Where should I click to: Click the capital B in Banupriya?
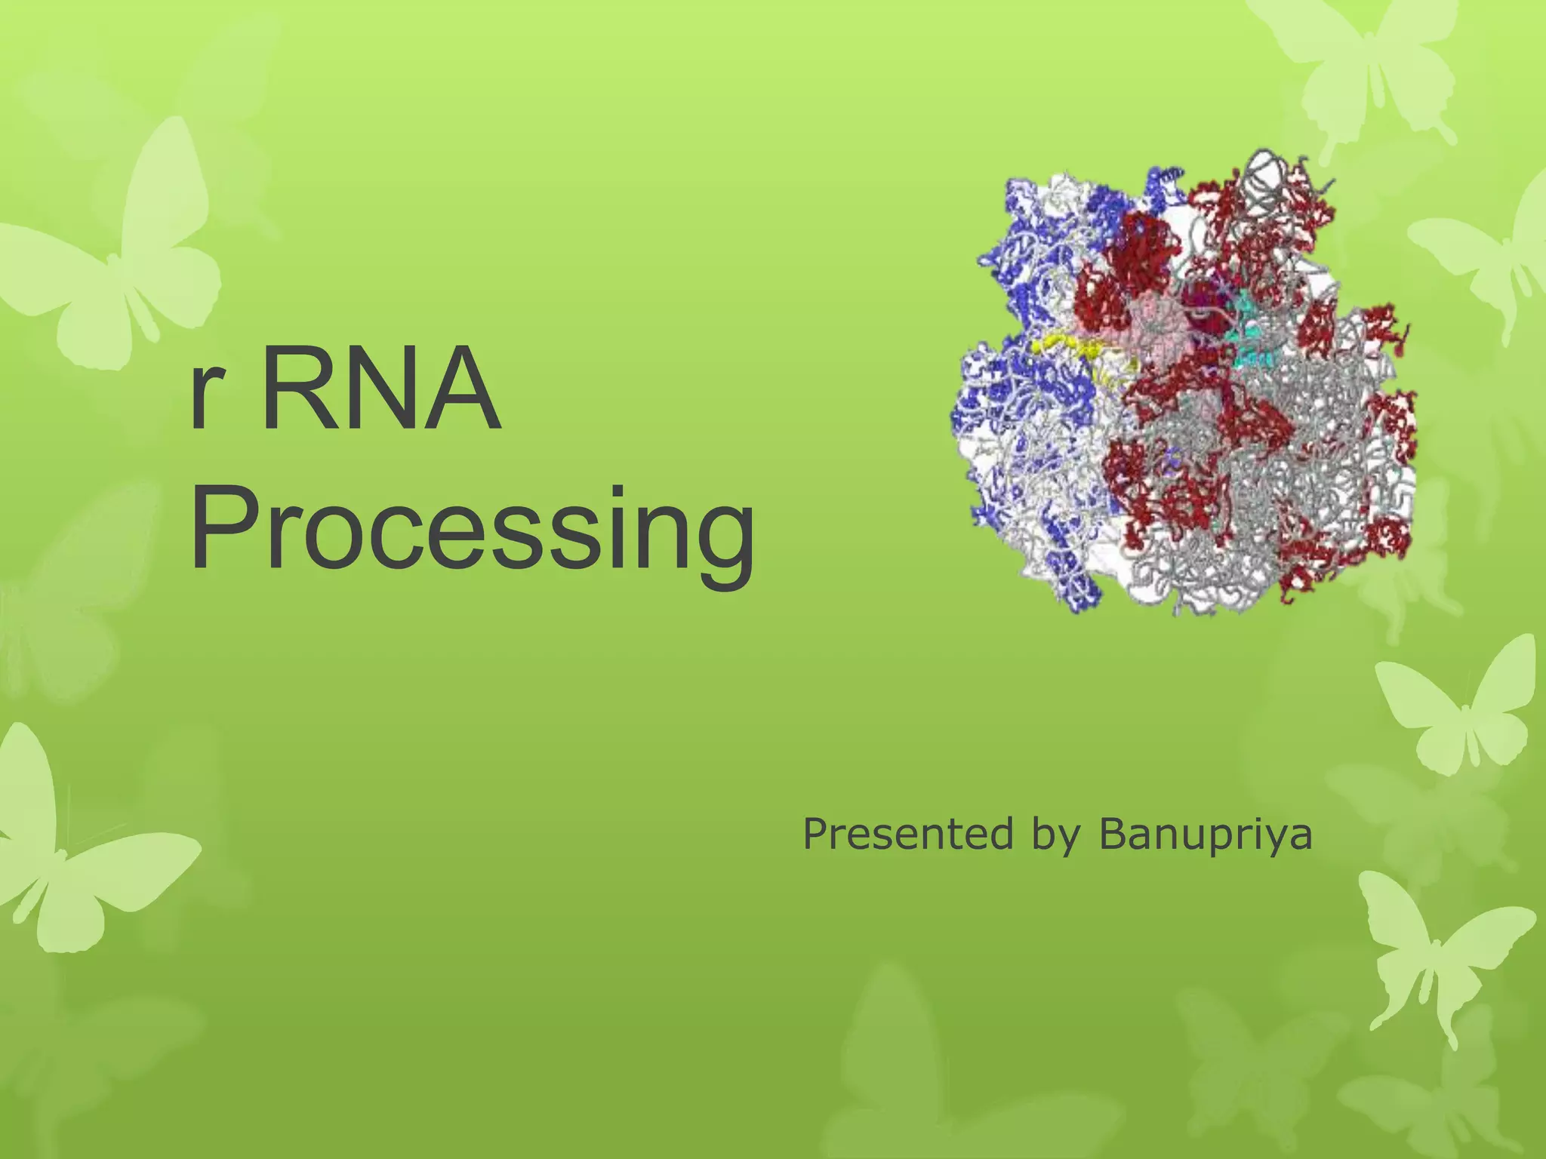[1113, 834]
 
